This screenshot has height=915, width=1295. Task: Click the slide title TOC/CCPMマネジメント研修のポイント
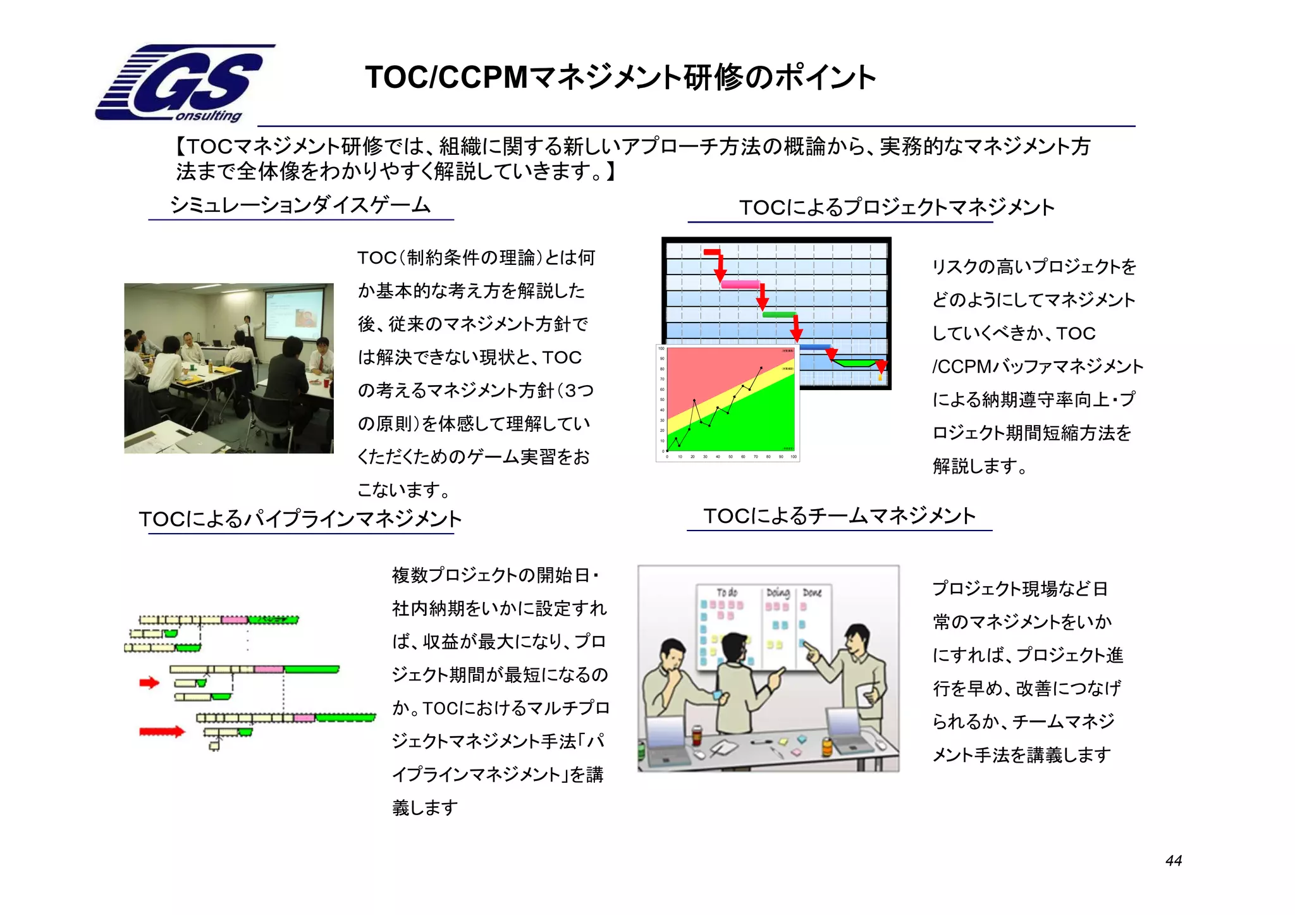click(620, 77)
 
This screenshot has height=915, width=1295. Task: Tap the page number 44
click(1173, 861)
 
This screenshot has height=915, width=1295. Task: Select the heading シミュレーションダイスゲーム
click(300, 205)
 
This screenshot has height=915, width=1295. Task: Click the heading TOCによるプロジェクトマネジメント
click(897, 207)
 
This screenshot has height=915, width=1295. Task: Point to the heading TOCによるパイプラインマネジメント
click(300, 519)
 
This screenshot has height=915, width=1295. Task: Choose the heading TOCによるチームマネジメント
click(840, 516)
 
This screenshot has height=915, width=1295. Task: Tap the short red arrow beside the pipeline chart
click(149, 682)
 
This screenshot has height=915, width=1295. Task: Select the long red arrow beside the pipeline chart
click(162, 732)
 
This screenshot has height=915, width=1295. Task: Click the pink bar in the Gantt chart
click(740, 285)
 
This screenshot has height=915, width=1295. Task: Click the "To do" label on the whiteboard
click(727, 593)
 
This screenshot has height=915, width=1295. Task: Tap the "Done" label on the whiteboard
click(812, 593)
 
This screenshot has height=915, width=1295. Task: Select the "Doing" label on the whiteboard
click(778, 593)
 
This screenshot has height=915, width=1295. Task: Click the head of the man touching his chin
click(672, 654)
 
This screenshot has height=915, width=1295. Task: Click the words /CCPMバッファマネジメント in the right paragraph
click(1037, 367)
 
